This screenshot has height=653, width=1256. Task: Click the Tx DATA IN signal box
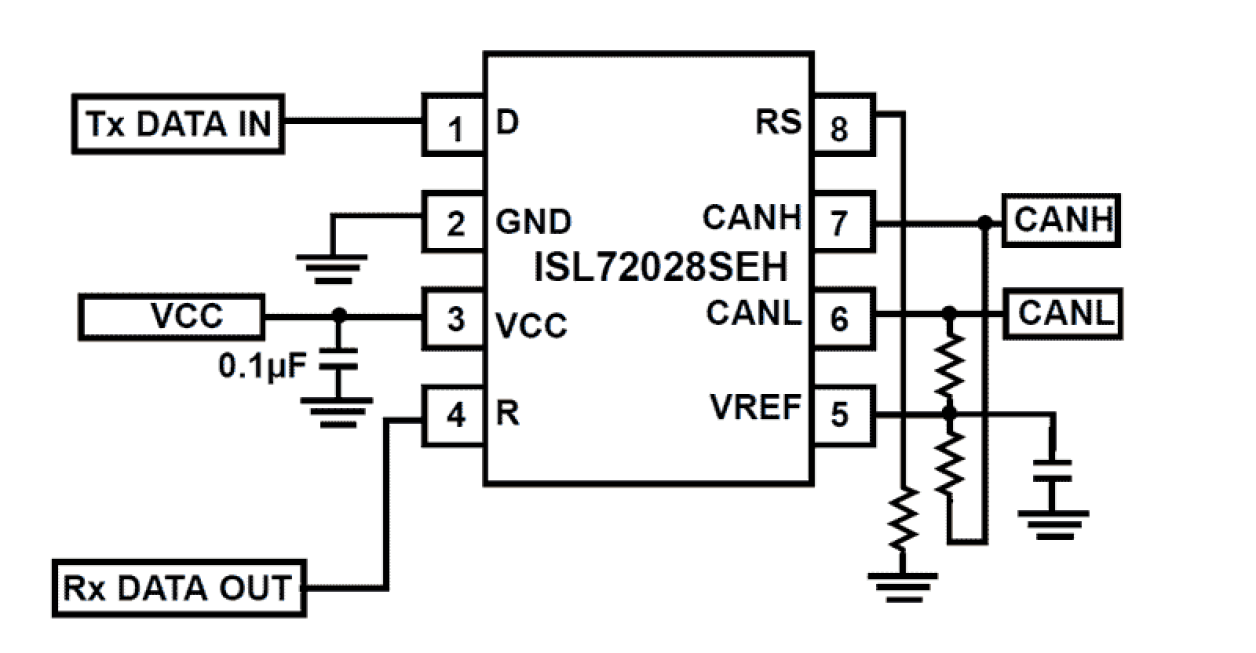177,124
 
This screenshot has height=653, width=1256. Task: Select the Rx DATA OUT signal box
178,588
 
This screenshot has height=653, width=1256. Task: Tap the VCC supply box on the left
171,317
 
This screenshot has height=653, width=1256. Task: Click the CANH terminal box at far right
1061,221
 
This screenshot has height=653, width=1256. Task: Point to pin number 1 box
454,126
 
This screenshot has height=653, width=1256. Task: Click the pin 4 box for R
454,415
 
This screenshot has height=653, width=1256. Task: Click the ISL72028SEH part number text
659,268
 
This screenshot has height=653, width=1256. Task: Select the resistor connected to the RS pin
904,517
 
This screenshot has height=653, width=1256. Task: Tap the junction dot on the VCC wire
339,315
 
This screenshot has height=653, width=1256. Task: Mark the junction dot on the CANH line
985,222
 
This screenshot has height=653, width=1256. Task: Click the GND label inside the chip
535,221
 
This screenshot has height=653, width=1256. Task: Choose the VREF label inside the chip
756,408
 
